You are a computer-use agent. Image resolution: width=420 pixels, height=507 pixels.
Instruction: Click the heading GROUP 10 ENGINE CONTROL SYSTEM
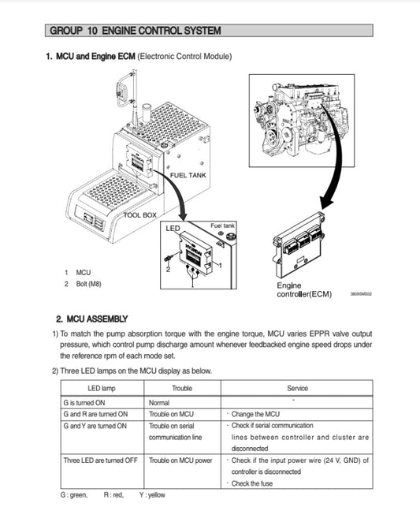(x=135, y=31)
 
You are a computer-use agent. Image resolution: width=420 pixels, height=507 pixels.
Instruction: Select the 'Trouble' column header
(x=182, y=388)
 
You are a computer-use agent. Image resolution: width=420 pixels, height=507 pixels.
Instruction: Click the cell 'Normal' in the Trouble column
(x=159, y=402)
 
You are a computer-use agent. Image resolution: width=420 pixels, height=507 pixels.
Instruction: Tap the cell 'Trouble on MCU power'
(x=180, y=460)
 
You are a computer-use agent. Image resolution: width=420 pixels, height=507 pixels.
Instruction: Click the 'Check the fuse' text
(x=254, y=483)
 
